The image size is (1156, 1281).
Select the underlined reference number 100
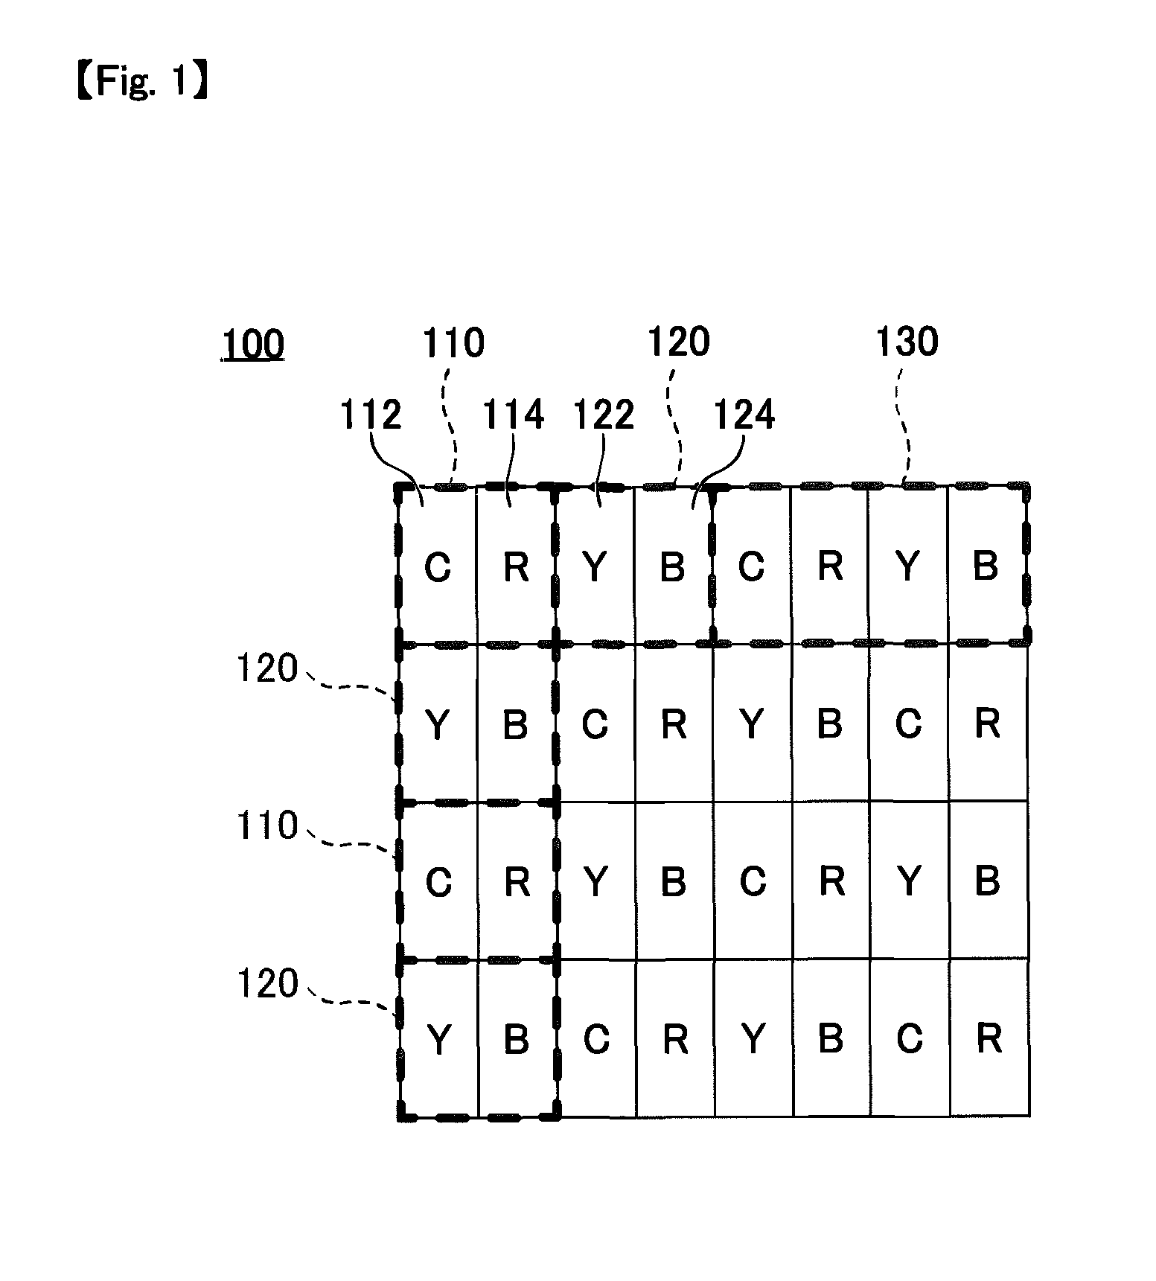click(252, 345)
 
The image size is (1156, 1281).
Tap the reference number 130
click(907, 342)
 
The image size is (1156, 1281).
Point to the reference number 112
click(371, 414)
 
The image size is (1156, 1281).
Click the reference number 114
click(514, 414)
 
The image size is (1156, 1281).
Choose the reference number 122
click(603, 414)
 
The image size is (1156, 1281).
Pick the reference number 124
click(744, 414)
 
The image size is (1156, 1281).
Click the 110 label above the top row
click(453, 343)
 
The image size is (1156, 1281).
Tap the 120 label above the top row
click(678, 342)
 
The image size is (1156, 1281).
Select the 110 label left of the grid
click(267, 826)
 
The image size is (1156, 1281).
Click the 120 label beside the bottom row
click(267, 984)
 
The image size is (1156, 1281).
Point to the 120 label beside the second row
click(267, 668)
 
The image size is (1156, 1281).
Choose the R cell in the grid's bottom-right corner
click(989, 1038)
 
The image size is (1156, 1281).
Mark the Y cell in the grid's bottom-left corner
click(438, 1038)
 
